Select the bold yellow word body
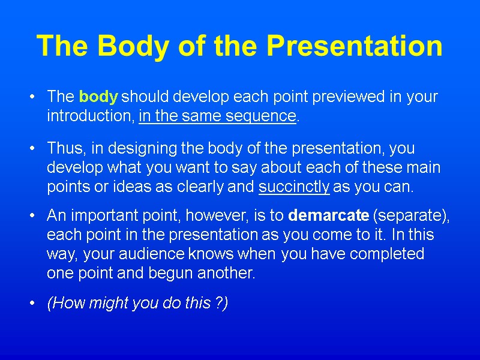[x=99, y=97]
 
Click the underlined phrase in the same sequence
[x=217, y=116]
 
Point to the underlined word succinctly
[x=294, y=187]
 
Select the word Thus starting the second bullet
[x=62, y=148]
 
